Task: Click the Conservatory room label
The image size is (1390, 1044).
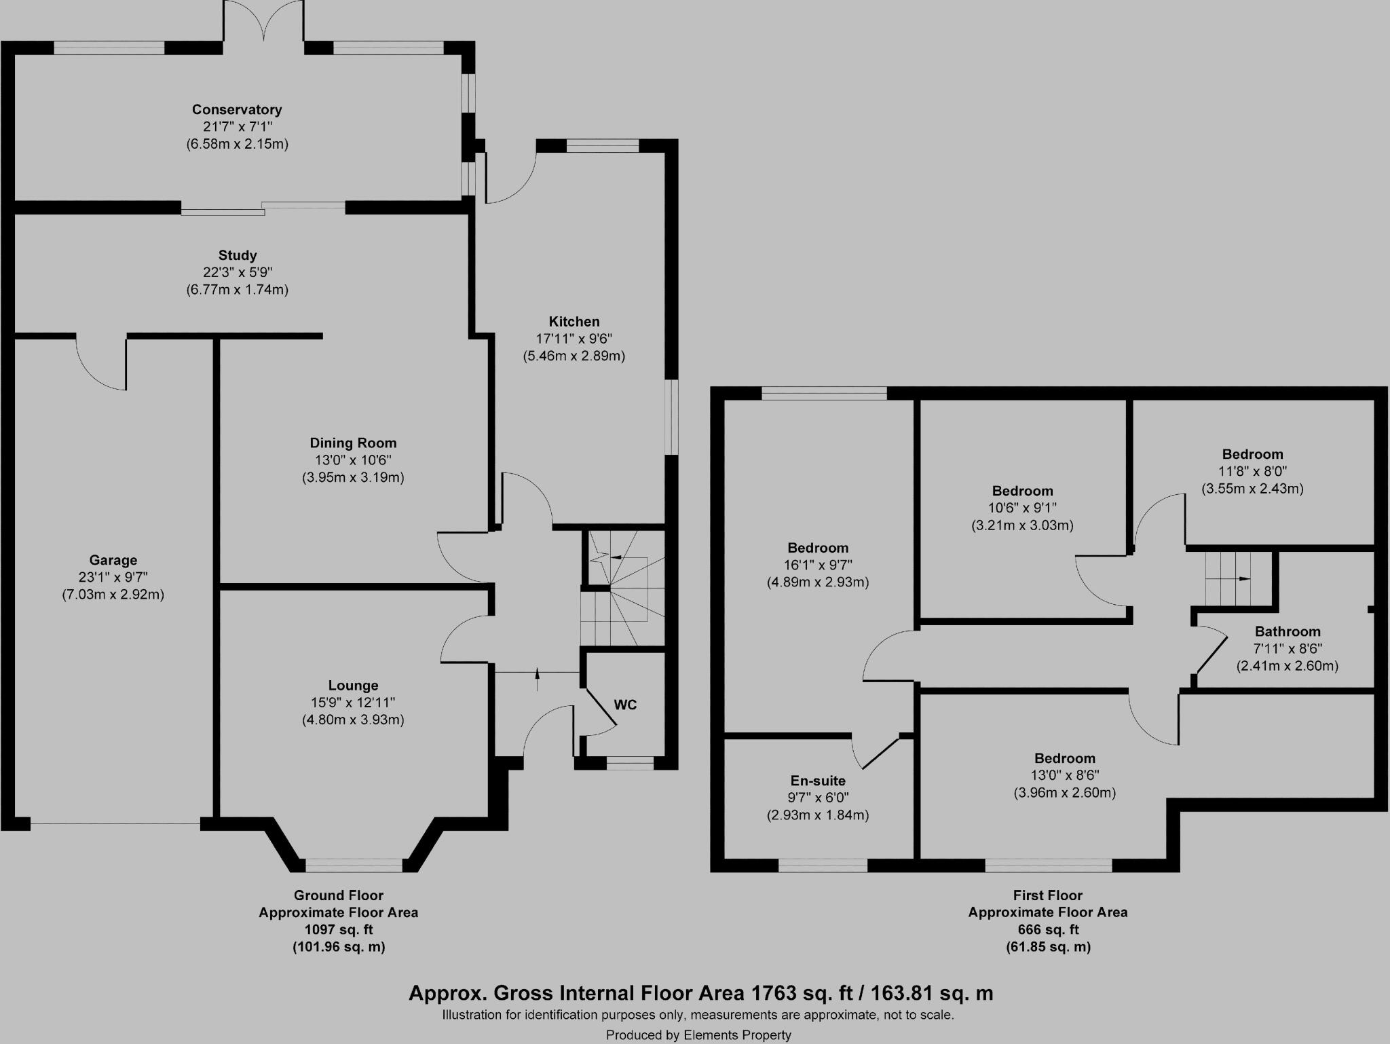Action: coord(236,109)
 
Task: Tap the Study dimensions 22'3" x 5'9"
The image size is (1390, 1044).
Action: coord(237,272)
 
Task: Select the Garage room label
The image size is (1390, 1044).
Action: coord(113,560)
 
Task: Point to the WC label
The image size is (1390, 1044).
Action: coord(625,705)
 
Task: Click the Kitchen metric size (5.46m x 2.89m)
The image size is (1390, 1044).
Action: coord(574,356)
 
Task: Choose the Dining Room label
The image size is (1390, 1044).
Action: coord(353,443)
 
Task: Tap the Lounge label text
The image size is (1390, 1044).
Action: coord(353,686)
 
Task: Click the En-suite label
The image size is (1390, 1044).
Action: coord(817,781)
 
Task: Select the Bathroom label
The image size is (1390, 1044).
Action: coord(1287,631)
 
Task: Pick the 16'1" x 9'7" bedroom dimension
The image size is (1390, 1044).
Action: coord(817,565)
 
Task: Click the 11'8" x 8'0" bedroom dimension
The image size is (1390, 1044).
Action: coord(1252,471)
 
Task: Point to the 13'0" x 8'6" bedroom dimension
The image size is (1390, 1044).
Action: coord(1064,775)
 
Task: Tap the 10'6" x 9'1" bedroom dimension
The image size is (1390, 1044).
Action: coord(1022,508)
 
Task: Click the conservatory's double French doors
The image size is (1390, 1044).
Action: coord(264,20)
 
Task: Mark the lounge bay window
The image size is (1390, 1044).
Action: coord(354,865)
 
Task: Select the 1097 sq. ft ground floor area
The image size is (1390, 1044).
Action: coord(338,930)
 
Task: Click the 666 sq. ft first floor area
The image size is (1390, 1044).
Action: coord(1048,930)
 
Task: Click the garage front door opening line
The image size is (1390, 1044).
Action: coord(115,824)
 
